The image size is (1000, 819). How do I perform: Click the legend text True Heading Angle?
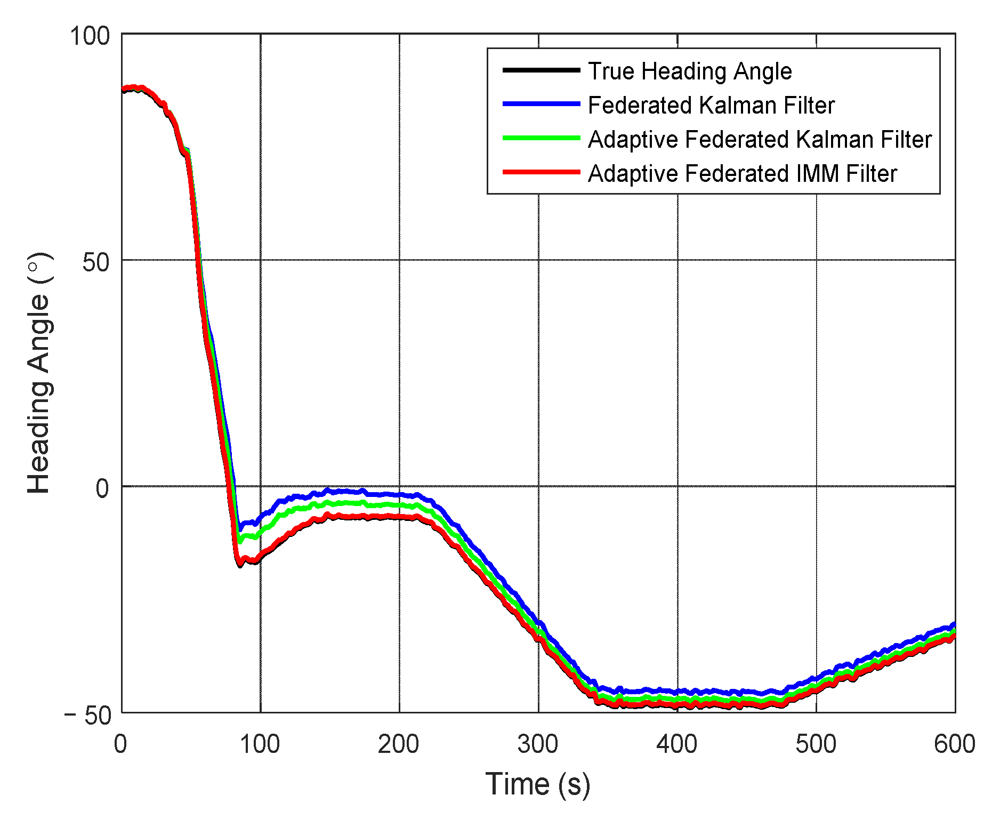[x=689, y=71]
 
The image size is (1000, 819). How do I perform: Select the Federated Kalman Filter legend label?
[x=711, y=106]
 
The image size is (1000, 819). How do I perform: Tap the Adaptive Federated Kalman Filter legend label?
[x=759, y=140]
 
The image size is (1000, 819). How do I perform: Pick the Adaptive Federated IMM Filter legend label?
[x=742, y=174]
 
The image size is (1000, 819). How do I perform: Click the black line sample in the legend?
[x=541, y=70]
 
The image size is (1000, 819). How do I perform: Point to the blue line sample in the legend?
[x=541, y=104]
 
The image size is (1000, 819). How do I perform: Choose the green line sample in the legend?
[x=541, y=138]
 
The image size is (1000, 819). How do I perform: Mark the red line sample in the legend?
[x=541, y=172]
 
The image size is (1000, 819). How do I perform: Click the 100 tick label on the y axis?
[x=90, y=36]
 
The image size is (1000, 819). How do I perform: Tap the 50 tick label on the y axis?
[x=96, y=262]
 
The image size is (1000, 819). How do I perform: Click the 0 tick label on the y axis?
[x=102, y=488]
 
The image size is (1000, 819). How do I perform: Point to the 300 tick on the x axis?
[x=538, y=744]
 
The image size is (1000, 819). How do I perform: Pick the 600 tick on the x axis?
[x=954, y=744]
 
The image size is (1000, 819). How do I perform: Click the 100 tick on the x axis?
[x=260, y=744]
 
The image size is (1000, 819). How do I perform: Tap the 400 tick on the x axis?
[x=677, y=744]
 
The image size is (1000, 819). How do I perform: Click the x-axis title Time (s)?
[x=538, y=784]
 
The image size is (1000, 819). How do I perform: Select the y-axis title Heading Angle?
[x=39, y=373]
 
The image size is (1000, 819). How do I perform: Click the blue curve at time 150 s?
[x=330, y=491]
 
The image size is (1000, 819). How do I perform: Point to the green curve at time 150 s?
[x=330, y=503]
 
